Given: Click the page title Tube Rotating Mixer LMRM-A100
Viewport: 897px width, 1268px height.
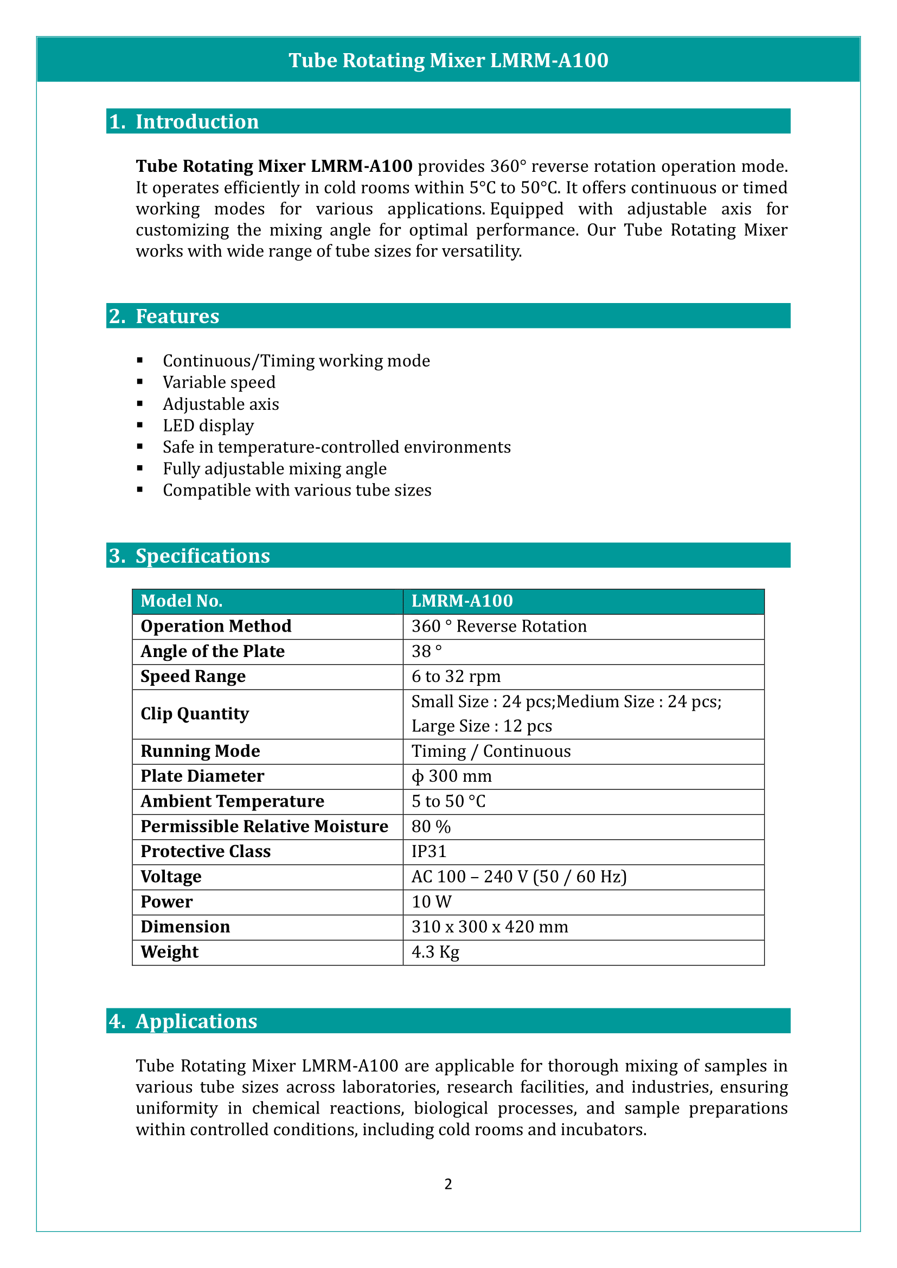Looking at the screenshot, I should coord(448,60).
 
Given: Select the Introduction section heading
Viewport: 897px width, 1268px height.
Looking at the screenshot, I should coord(197,121).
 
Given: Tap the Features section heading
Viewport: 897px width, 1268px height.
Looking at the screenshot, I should coord(177,316).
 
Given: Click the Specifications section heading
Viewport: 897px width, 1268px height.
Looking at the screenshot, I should coord(202,556).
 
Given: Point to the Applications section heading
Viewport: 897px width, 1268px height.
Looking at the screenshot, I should coord(196,1021).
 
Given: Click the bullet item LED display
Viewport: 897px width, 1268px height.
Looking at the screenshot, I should coord(208,425).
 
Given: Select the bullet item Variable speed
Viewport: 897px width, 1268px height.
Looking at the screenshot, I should coord(219,382).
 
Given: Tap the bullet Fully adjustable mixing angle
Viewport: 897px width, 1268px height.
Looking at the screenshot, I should coord(274,468).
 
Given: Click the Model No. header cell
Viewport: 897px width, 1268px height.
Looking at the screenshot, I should coord(181,601).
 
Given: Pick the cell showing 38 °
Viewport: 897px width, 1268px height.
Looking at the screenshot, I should coord(426,651).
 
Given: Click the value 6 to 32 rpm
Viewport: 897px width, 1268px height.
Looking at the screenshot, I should coord(456,676).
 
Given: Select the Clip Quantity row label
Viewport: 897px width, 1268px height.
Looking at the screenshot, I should coord(195,713).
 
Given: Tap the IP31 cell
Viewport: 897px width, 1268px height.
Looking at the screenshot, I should coord(428,851).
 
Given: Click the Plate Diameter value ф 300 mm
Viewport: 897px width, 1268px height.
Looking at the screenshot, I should coord(451,776).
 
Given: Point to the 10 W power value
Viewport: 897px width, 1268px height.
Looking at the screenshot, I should coord(431,902).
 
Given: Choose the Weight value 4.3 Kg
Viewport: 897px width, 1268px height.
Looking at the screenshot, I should coord(435,951).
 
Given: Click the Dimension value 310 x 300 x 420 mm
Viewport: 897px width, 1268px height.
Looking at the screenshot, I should coord(489,926).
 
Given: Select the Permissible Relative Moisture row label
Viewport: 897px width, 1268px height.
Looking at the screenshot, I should coord(264,826).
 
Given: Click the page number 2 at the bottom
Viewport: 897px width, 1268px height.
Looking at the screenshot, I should coord(448,1183).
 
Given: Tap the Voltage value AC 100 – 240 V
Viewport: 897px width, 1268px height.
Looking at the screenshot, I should coord(518,877).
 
